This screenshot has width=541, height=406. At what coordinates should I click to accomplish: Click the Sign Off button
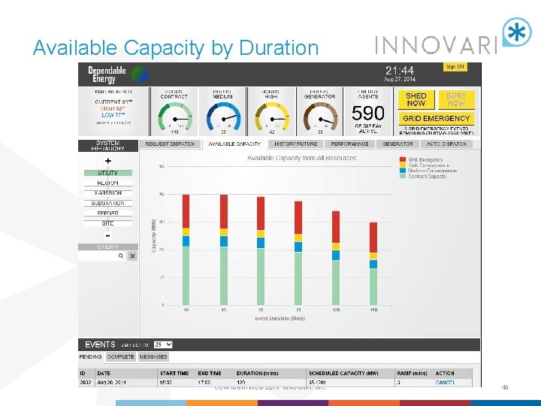tap(455, 67)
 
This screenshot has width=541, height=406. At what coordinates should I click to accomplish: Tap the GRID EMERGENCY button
tap(437, 118)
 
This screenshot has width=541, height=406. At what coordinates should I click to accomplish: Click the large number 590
tap(368, 114)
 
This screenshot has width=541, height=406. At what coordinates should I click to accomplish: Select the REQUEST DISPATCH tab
tap(169, 144)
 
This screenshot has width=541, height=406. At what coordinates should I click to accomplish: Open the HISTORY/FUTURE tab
tap(295, 144)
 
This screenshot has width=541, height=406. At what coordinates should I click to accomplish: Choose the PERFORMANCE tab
tap(349, 144)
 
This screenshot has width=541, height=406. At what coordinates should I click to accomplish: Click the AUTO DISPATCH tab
tap(446, 144)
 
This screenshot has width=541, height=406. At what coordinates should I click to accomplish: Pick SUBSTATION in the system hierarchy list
tap(107, 203)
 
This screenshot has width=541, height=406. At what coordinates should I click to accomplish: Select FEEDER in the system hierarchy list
tap(107, 213)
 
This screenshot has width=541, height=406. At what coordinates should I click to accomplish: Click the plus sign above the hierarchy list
tap(107, 161)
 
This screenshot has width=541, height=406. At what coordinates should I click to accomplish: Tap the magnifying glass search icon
tap(120, 256)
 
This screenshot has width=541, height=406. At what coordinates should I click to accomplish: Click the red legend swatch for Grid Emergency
tap(403, 160)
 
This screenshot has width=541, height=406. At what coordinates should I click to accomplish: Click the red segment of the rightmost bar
tap(373, 238)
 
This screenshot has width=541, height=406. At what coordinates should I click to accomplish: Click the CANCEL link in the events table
tap(445, 382)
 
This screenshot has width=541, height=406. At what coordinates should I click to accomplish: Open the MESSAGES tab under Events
tap(153, 357)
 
